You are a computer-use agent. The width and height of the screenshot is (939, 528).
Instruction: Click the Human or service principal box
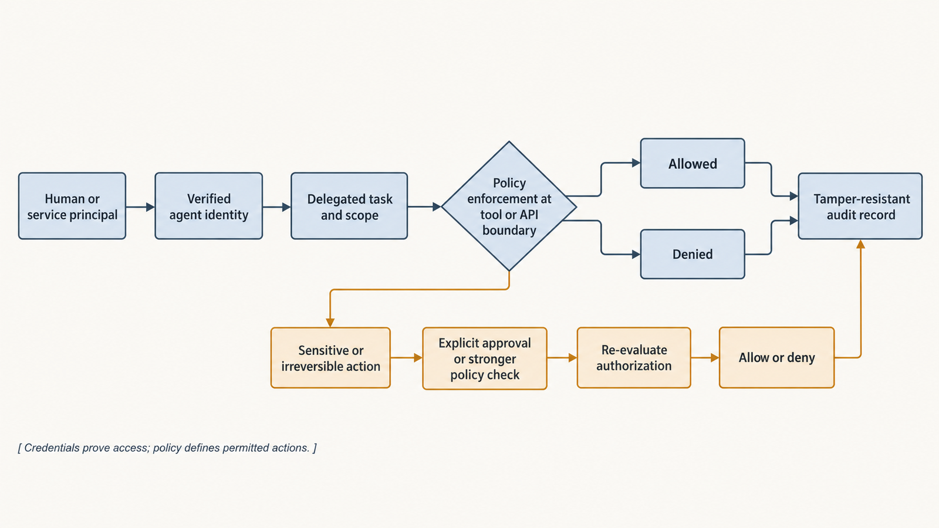click(72, 206)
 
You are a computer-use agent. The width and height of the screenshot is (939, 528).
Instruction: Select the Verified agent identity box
click(209, 206)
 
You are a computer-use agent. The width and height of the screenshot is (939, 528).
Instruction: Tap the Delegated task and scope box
click(349, 206)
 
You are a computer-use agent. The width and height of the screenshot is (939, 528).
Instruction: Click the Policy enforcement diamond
click(509, 206)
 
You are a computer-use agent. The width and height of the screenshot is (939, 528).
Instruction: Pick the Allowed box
click(693, 164)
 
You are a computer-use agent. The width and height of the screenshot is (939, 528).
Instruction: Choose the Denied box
click(693, 254)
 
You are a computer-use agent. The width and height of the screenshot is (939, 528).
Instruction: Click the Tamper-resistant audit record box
click(860, 206)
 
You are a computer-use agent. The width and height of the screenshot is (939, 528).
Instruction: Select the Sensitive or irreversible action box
click(331, 358)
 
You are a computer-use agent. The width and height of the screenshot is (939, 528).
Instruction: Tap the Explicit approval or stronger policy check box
click(485, 358)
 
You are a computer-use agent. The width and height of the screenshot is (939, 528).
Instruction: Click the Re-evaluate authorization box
click(634, 358)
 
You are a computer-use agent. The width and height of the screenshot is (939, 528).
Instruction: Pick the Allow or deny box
click(777, 357)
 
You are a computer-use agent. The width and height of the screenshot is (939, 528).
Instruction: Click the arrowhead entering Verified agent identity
click(150, 207)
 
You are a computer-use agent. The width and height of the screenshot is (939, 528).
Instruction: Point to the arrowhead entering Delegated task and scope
click(287, 207)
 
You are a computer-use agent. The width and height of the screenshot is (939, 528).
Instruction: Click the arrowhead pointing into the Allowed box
click(636, 163)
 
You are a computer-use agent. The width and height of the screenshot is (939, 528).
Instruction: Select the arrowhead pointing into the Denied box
click(636, 254)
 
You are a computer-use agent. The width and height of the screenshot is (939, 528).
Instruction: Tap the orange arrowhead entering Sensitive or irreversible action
click(330, 323)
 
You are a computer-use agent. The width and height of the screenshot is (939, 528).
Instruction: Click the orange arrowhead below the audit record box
click(860, 245)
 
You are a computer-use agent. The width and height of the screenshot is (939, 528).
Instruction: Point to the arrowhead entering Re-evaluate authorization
click(573, 358)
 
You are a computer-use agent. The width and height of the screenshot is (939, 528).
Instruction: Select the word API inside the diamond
click(529, 215)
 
